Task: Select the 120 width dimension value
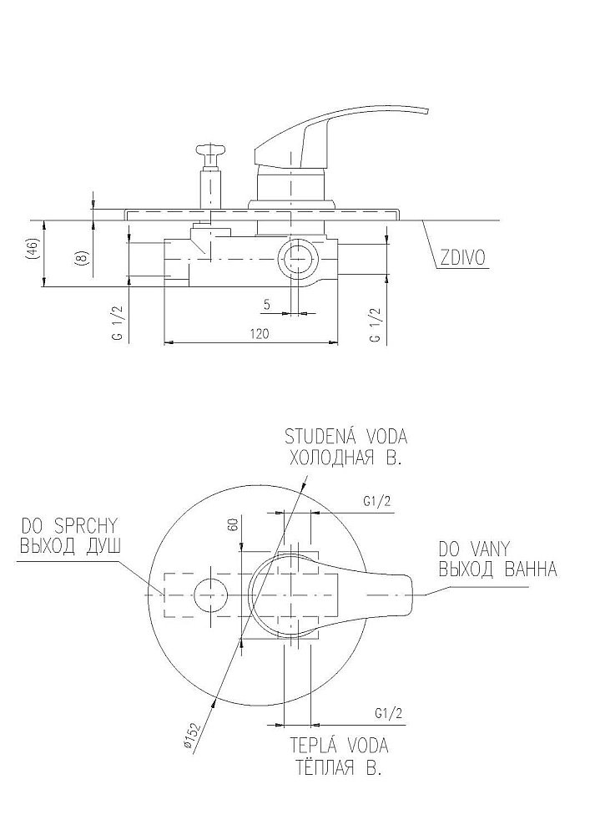click(259, 333)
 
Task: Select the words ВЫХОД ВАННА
click(497, 569)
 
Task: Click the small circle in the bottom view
click(209, 594)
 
